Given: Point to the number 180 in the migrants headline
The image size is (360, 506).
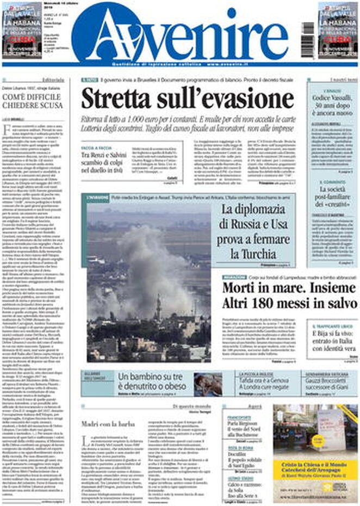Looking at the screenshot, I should [268, 303].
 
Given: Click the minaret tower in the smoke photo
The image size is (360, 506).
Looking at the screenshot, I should [159, 307].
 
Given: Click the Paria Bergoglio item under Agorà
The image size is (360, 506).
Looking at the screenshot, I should [243, 429].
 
